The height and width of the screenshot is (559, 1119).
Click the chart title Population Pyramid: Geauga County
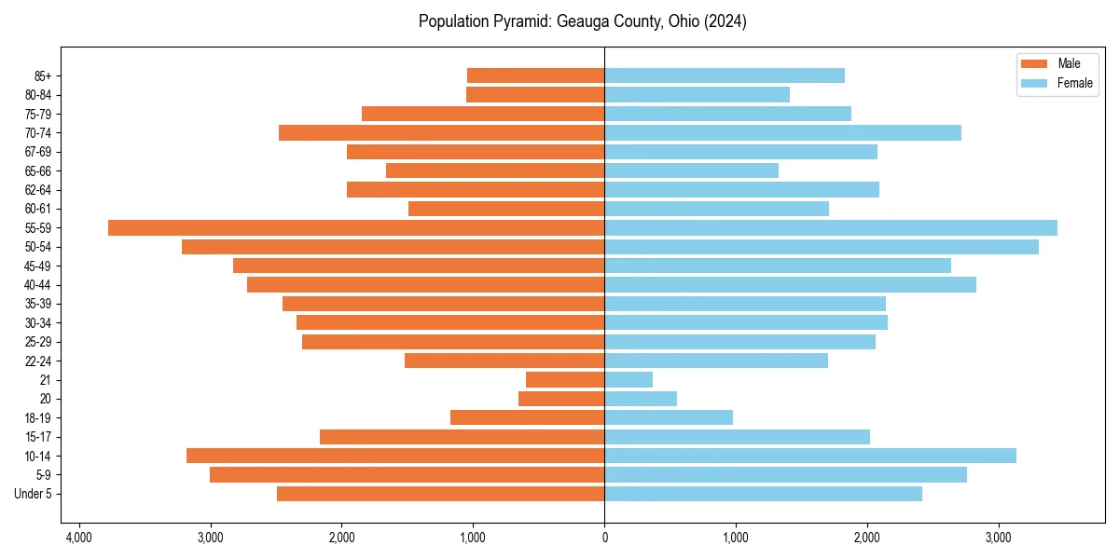(x=582, y=21)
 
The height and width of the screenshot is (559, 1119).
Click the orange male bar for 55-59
(x=356, y=228)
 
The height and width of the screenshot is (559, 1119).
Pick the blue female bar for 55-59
(x=831, y=228)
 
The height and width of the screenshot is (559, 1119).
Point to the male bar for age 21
(x=565, y=380)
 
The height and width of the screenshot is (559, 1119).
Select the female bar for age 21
(x=629, y=380)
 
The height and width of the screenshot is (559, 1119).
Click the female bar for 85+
(x=725, y=75)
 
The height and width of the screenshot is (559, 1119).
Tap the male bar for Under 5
(x=440, y=494)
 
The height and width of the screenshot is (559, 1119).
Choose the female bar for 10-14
(x=810, y=456)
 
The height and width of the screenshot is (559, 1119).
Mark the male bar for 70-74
(x=441, y=133)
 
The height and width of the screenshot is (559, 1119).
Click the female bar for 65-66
(x=691, y=170)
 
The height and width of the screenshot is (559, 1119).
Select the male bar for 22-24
(x=504, y=361)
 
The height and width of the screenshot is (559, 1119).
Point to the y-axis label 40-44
(x=37, y=285)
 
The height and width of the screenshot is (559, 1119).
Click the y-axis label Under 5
(x=33, y=494)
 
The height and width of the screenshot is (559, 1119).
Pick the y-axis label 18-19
(x=37, y=418)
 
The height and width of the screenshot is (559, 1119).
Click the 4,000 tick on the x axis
(x=78, y=538)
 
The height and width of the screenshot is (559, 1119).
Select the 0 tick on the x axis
(x=604, y=538)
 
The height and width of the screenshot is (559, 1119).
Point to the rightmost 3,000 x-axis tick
(x=999, y=538)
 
